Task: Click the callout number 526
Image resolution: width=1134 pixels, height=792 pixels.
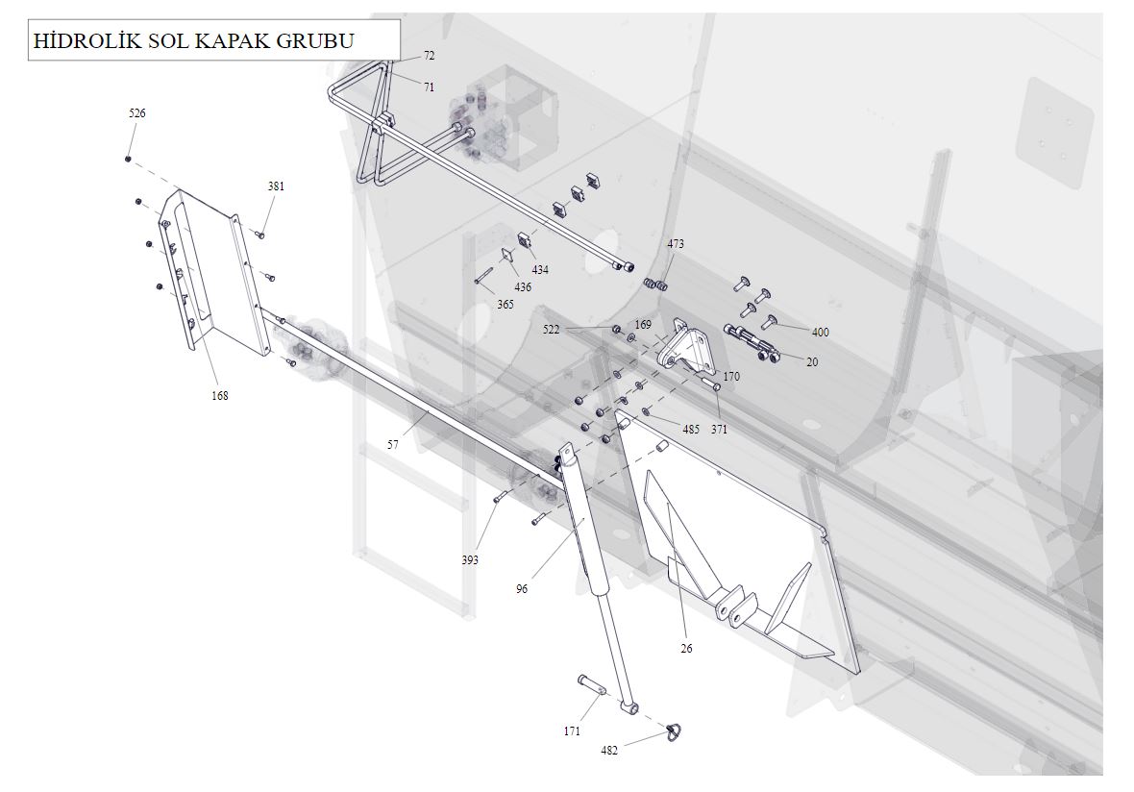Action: (137, 113)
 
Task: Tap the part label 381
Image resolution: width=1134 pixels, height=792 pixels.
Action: (276, 186)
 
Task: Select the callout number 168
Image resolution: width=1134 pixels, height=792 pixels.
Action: (220, 395)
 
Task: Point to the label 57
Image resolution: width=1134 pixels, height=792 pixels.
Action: (393, 445)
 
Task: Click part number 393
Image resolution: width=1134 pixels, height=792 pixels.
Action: (470, 559)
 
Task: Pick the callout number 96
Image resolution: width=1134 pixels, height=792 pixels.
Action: (522, 589)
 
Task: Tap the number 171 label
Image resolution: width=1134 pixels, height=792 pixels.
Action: (572, 731)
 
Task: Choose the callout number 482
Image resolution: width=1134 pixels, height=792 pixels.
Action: (609, 751)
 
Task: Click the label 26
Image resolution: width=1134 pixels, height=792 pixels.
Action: (686, 649)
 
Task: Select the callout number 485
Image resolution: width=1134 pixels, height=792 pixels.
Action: (691, 430)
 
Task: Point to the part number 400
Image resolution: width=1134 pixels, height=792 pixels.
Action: (820, 333)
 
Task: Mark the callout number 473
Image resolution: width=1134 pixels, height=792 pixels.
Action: (676, 244)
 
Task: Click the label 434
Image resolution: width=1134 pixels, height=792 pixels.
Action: (540, 270)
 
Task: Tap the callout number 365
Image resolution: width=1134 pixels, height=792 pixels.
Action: (505, 305)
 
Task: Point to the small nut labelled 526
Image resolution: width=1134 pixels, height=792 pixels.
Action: (128, 159)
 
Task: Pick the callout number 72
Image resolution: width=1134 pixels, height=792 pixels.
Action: (429, 56)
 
